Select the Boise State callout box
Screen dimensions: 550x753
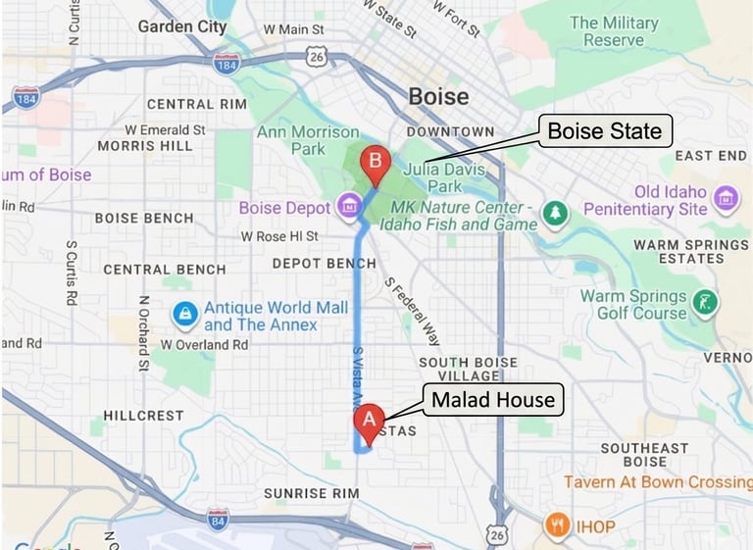pos(604,130)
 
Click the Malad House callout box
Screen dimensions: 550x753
pos(493,399)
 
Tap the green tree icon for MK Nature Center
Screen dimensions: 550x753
pos(556,213)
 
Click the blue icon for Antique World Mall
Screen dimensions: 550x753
pos(183,314)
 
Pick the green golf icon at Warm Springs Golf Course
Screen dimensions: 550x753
pos(704,302)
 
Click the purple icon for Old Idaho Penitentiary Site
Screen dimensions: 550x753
pos(726,199)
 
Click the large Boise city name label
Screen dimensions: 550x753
pos(438,97)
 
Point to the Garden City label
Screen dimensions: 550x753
pos(181,26)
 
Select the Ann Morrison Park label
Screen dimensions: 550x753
pos(308,140)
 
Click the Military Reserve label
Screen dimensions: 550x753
pos(614,30)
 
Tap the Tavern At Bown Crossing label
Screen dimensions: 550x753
pos(657,482)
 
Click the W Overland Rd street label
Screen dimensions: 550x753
pos(205,345)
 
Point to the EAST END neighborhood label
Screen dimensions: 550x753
pos(710,155)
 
